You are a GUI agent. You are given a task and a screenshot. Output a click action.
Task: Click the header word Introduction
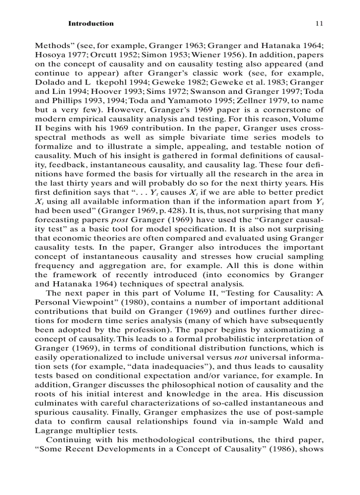pyautogui.click(x=90, y=23)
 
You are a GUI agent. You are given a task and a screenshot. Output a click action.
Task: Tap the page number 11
pyautogui.click(x=319, y=23)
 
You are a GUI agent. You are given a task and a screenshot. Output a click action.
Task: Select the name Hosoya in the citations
pyautogui.click(x=48, y=56)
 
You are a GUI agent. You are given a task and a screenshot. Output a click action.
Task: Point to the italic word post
pyautogui.click(x=119, y=220)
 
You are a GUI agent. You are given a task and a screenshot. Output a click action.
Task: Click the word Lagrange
pyautogui.click(x=51, y=431)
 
